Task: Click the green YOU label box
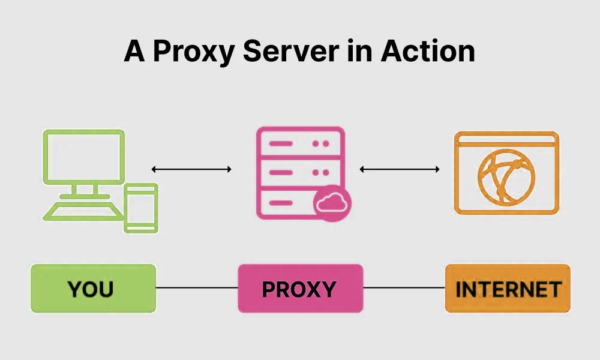(x=93, y=289)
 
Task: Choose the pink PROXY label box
(x=300, y=289)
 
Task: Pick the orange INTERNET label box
(x=508, y=289)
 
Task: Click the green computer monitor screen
(x=83, y=157)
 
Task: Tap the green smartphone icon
(x=140, y=208)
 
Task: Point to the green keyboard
(x=84, y=211)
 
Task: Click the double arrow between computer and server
(x=191, y=169)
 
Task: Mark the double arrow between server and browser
(x=400, y=169)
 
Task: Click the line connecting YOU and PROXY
(x=197, y=288)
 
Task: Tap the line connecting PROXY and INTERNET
(x=404, y=288)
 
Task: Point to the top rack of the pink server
(x=300, y=144)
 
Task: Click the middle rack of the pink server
(x=300, y=173)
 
